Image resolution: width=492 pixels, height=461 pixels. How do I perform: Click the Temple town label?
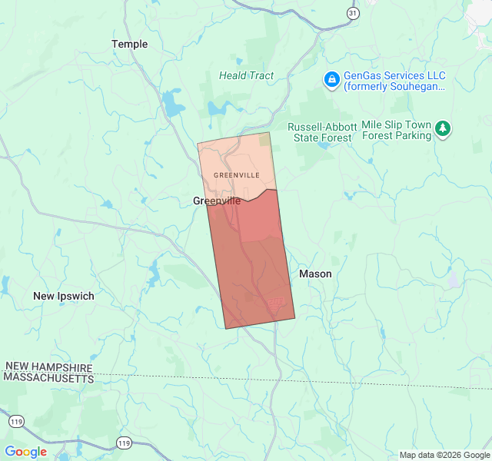tap(130, 44)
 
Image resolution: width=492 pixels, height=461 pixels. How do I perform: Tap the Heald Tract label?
tap(246, 75)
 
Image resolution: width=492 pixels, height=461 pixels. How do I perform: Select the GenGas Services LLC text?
tap(394, 75)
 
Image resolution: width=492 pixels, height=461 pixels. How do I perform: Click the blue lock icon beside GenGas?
tap(331, 79)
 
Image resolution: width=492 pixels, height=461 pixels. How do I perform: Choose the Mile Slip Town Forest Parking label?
tap(397, 130)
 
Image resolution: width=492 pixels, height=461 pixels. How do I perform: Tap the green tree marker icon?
tap(443, 129)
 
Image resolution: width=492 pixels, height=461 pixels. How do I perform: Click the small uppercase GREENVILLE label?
tap(236, 175)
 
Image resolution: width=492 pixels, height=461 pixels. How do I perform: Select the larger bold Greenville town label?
tap(216, 201)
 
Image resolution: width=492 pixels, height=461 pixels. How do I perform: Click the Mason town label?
tap(315, 274)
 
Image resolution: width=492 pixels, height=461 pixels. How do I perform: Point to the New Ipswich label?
tap(64, 296)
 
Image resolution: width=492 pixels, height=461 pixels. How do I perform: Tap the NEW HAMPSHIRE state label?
tap(48, 367)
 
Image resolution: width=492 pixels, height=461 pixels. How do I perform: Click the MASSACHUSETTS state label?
tap(48, 378)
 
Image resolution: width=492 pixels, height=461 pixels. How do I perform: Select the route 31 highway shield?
tap(353, 14)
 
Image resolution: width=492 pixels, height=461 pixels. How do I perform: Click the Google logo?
tap(25, 452)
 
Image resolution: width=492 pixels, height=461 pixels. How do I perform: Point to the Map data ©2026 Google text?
tap(444, 455)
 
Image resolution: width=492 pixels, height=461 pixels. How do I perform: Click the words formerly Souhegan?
tap(394, 87)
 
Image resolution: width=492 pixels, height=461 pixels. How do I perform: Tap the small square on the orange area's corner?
tap(264, 139)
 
